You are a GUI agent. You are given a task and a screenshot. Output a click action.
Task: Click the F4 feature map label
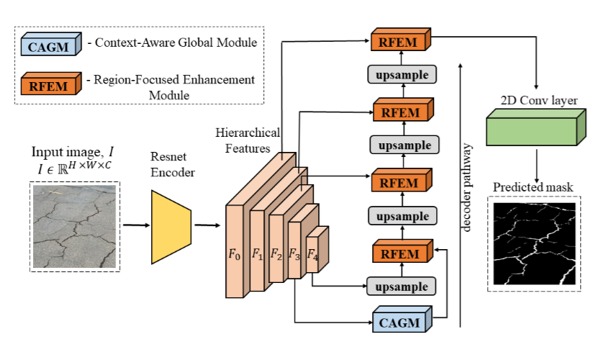(312, 254)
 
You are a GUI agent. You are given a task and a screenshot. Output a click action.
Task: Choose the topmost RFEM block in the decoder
(399, 41)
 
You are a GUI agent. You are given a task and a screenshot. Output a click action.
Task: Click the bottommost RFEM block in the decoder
(399, 253)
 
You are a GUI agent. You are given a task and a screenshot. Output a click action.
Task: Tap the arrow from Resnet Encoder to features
(207, 225)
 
